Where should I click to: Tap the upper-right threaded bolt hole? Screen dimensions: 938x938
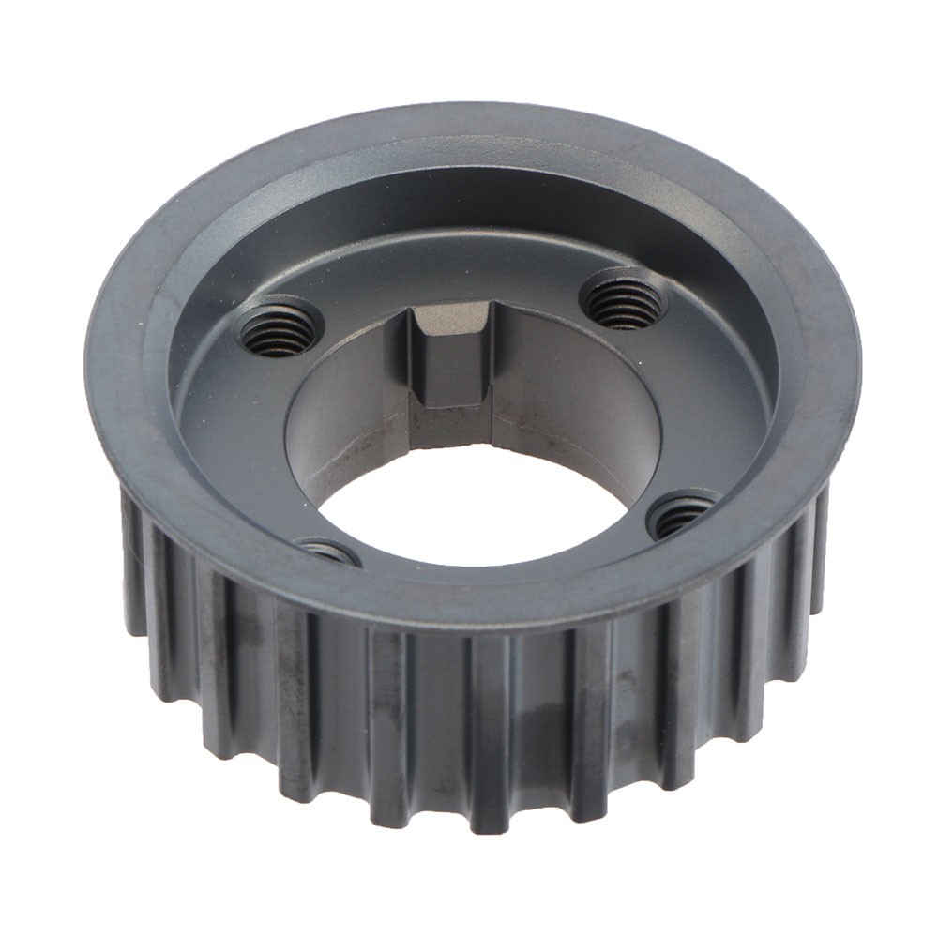pos(623,301)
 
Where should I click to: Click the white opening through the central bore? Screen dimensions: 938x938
pos(469,511)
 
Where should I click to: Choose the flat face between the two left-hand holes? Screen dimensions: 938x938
pos(234,441)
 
